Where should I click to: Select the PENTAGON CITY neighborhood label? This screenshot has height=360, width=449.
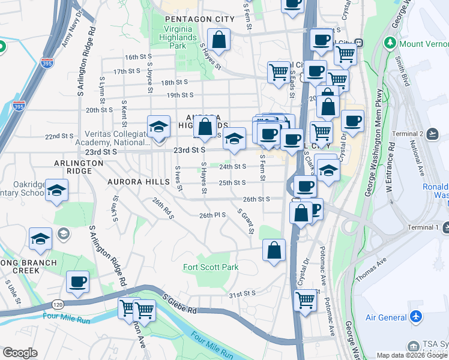191,20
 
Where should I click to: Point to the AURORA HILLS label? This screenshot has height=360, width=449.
134,181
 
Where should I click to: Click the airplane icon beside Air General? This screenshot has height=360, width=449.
416,317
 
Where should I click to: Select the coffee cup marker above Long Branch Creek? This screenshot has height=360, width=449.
77,281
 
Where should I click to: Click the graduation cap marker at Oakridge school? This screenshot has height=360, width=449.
57,190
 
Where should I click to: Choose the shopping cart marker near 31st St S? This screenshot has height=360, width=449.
306,299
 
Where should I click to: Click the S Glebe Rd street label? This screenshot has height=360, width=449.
179,303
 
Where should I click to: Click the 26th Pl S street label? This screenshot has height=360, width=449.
212,215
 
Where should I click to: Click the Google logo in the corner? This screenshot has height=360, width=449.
20,353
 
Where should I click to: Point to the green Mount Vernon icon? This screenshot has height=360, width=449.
391,43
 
